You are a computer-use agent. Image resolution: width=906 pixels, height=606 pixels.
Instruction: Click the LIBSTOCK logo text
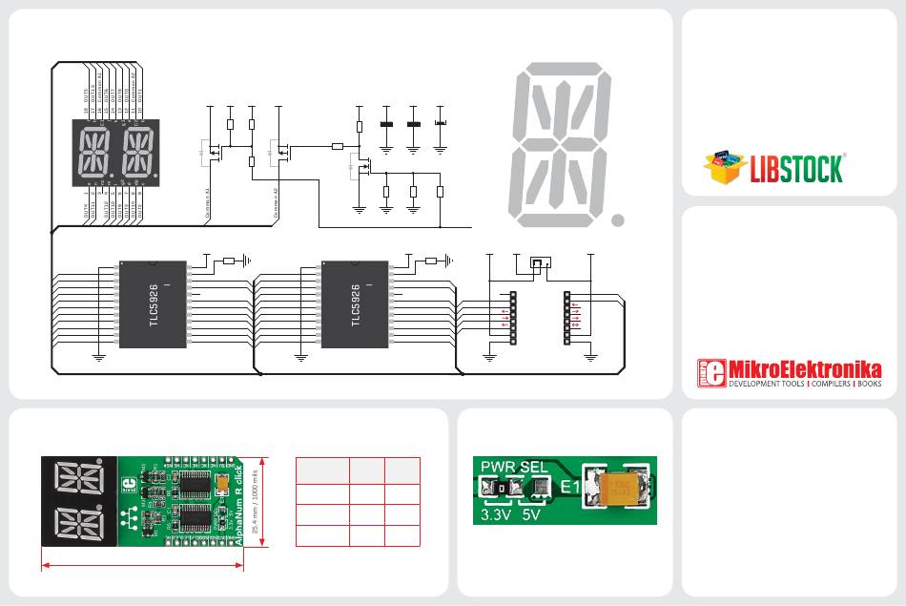[795, 169]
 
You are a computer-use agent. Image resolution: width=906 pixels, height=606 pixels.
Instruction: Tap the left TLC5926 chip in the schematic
[154, 303]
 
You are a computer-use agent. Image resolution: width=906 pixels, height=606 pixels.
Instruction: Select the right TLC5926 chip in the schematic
[356, 303]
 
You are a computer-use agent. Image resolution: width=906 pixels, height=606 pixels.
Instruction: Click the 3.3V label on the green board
[491, 516]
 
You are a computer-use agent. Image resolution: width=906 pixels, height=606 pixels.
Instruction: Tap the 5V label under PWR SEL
[532, 516]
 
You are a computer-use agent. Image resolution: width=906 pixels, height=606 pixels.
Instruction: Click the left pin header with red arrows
[512, 319]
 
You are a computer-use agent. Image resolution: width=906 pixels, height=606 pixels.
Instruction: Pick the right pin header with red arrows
[567, 319]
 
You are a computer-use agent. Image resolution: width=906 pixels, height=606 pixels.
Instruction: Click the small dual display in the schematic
[113, 153]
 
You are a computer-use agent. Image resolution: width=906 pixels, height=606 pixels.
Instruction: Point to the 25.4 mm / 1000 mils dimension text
[254, 501]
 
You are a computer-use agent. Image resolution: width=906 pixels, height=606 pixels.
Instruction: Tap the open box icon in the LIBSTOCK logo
[726, 166]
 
